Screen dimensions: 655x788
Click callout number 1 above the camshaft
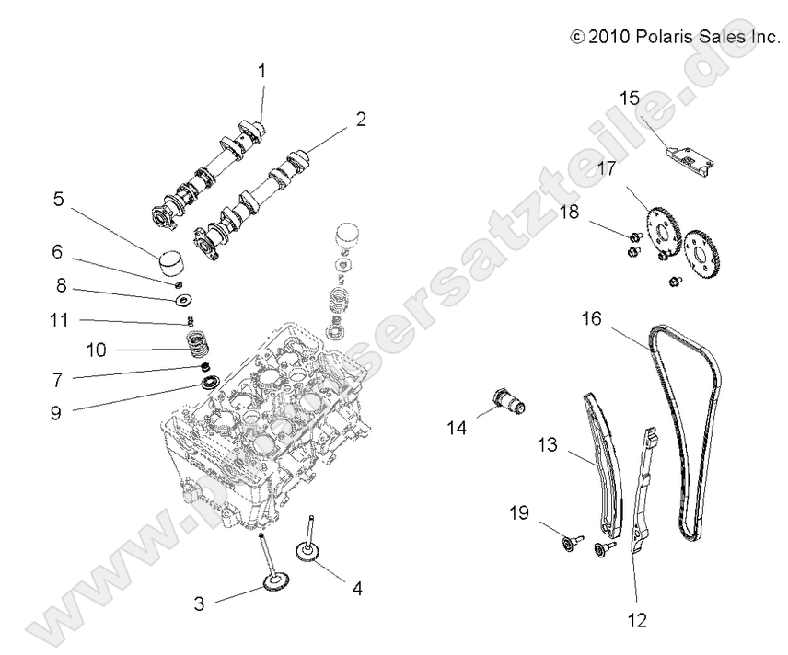pyautogui.click(x=261, y=70)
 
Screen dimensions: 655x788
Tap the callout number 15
pyautogui.click(x=629, y=98)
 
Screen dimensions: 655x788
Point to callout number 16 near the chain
pyautogui.click(x=592, y=319)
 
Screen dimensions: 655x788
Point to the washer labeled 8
pyautogui.click(x=182, y=299)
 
